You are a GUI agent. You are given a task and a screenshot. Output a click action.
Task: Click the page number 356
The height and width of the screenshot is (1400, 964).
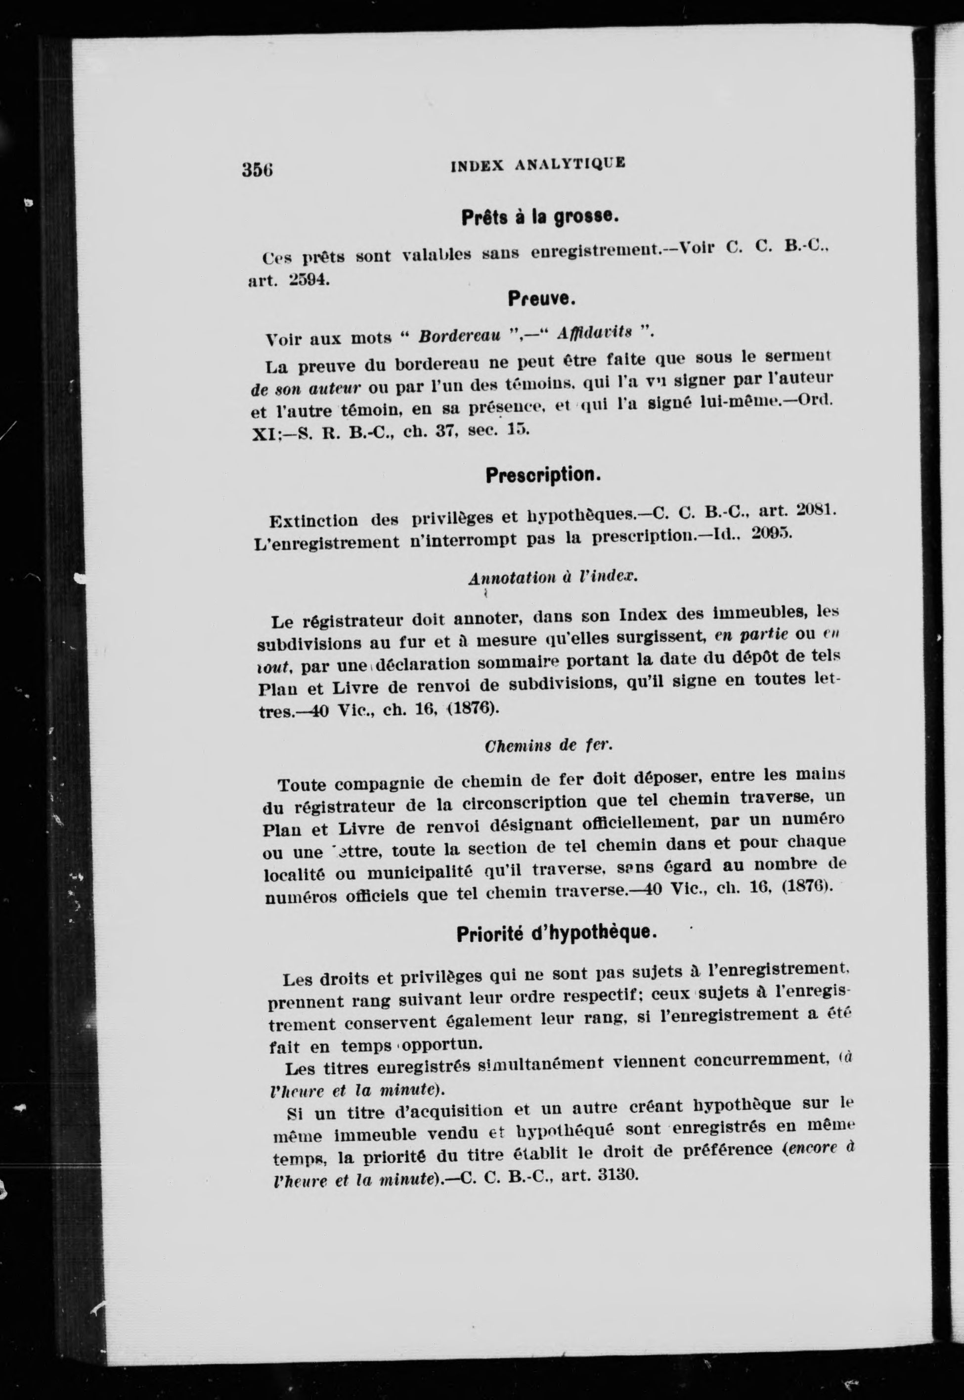point(258,169)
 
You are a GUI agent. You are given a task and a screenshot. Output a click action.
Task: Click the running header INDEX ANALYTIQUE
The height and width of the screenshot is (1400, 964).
point(537,164)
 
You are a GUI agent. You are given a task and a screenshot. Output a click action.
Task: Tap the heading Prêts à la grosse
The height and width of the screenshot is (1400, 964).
point(539,218)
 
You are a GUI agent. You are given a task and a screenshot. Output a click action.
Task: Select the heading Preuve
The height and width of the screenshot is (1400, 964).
point(541,299)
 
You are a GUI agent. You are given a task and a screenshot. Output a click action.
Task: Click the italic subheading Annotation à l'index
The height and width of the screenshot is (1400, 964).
point(553,577)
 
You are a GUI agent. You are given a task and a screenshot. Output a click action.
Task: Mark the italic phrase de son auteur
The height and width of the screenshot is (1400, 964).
point(306,387)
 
